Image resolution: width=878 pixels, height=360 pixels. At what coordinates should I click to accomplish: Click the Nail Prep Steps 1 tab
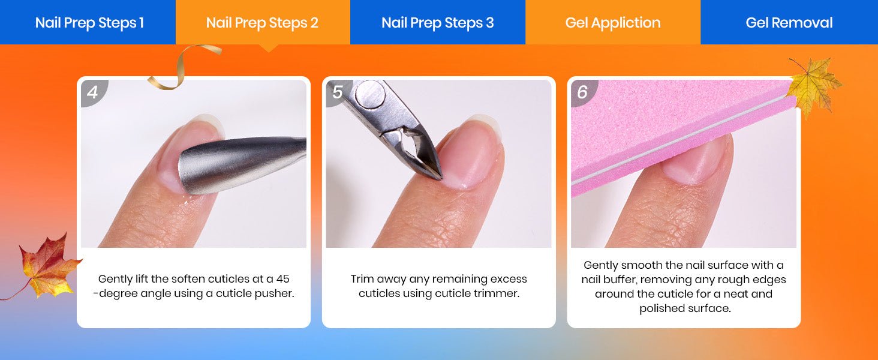88,22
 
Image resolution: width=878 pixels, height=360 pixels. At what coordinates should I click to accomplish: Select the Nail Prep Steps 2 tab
263,22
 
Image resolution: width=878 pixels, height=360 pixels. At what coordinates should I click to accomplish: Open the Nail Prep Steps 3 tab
437,22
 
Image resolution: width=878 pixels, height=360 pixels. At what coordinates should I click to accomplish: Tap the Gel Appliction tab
613,22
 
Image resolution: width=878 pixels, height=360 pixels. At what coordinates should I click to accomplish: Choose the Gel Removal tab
789,22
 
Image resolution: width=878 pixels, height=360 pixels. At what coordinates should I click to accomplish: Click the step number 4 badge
92,92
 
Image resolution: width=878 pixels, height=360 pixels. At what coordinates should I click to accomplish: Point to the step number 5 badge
338,92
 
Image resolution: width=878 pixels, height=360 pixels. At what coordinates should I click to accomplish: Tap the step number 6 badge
582,92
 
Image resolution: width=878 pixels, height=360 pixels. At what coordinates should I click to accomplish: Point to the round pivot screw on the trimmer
370,94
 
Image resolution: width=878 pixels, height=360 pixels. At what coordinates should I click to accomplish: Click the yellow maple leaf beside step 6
814,85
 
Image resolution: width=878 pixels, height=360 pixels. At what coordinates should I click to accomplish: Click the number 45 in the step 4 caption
282,279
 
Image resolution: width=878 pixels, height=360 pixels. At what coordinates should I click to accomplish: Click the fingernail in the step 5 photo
470,153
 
